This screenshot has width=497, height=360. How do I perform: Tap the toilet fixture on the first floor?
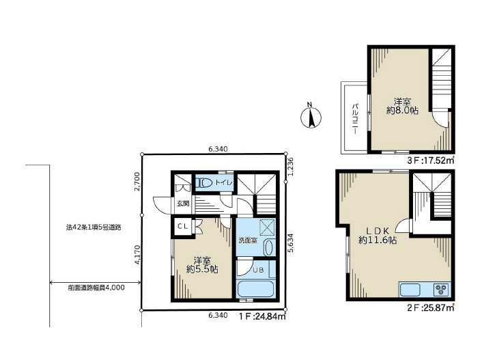pyautogui.click(x=204, y=182)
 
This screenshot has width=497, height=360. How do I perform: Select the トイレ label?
pyautogui.click(x=224, y=182)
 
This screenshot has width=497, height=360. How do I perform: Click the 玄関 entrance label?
pyautogui.click(x=183, y=204)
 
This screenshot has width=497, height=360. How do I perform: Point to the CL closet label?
pyautogui.click(x=183, y=226)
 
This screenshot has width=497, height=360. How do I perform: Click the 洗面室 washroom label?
pyautogui.click(x=248, y=240)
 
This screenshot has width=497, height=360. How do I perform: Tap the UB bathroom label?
pyautogui.click(x=258, y=270)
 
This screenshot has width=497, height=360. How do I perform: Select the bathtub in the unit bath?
pyautogui.click(x=255, y=289)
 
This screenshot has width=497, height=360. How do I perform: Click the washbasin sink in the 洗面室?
pyautogui.click(x=268, y=248)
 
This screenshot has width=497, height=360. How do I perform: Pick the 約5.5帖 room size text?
pyautogui.click(x=202, y=270)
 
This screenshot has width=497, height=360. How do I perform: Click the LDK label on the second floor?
pyautogui.click(x=378, y=231)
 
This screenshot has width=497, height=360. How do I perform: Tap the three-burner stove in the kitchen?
pyautogui.click(x=441, y=289)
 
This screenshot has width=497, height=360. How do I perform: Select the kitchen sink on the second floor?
pyautogui.click(x=410, y=289)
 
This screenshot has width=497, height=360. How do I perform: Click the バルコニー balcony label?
pyautogui.click(x=355, y=118)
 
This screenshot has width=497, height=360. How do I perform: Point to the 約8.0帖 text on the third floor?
pyautogui.click(x=402, y=111)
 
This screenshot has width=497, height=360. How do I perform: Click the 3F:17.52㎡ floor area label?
pyautogui.click(x=431, y=161)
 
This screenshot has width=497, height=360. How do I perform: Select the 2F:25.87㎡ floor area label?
pyautogui.click(x=431, y=307)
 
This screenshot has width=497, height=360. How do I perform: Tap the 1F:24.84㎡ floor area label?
pyautogui.click(x=263, y=316)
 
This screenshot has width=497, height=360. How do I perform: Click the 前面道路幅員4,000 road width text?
pyautogui.click(x=96, y=288)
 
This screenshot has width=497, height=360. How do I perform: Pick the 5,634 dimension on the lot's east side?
pyautogui.click(x=291, y=243)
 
